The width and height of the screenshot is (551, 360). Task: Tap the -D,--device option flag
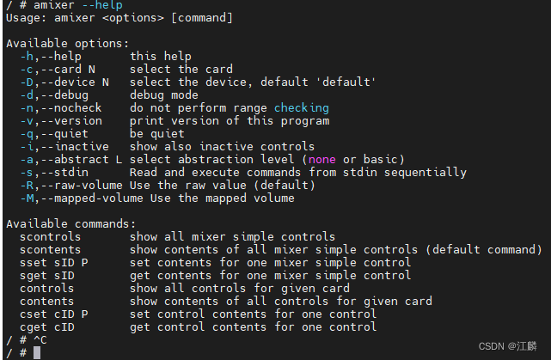click(57, 82)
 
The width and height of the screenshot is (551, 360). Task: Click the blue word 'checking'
click(301, 107)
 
